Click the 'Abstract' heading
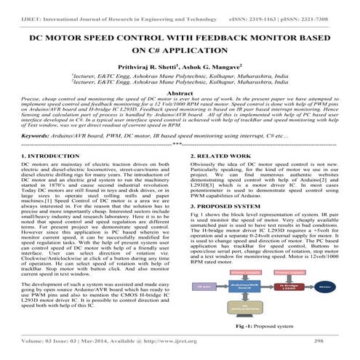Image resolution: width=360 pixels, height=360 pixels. [180, 95]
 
